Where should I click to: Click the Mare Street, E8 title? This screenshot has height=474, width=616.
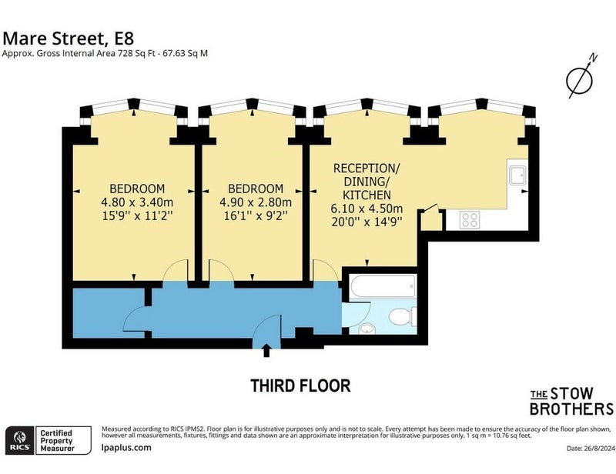click(68, 38)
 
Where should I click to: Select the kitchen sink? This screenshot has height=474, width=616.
click(517, 175)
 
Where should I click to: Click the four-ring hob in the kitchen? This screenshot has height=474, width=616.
click(470, 219)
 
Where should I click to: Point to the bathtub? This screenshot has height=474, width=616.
click(383, 286)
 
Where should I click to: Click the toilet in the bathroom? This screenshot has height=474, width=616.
click(402, 316)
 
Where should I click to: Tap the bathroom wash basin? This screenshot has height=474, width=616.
click(367, 329)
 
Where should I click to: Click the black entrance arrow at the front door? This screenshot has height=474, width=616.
click(266, 350)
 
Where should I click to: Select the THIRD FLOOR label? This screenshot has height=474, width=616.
click(300, 386)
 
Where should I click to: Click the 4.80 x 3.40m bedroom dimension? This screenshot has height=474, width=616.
click(137, 202)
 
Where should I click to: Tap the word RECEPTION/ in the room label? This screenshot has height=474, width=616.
click(367, 168)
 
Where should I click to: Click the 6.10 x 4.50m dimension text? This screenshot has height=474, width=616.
click(367, 209)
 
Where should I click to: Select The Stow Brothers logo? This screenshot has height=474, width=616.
click(571, 402)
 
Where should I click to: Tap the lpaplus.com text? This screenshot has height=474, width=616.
click(126, 448)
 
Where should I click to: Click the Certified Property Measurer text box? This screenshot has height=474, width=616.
click(64, 440)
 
